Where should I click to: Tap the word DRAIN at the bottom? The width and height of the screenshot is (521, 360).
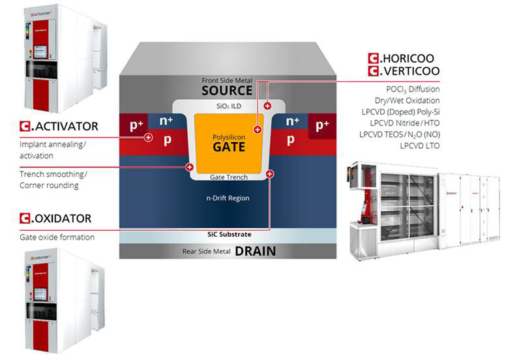(x=256, y=251)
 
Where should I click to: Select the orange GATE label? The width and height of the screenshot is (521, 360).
(x=228, y=147)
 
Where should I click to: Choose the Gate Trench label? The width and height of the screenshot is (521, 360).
(x=228, y=177)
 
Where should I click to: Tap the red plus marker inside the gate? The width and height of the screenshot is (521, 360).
(x=258, y=130)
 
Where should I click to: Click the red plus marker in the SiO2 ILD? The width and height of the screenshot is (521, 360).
(x=267, y=106)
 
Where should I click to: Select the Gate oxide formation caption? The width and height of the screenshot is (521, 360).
(x=57, y=237)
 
